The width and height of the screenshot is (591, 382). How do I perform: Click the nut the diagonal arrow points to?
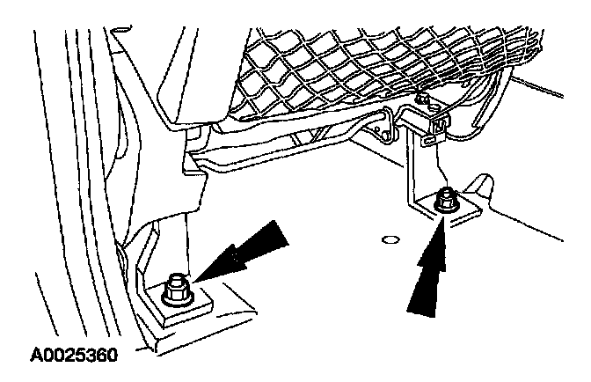(x=176, y=289)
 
